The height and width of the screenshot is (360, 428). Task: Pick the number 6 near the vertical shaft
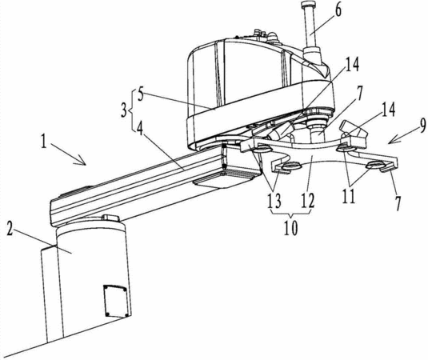click(x=338, y=11)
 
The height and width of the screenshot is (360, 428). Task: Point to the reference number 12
click(x=308, y=201)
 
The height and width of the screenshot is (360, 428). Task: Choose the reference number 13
click(x=274, y=201)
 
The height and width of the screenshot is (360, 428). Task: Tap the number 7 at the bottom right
click(x=398, y=204)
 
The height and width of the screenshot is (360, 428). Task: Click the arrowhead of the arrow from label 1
click(x=82, y=162)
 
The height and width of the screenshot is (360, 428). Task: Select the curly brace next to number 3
click(x=132, y=110)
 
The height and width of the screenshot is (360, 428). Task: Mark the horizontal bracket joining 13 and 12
click(x=290, y=213)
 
